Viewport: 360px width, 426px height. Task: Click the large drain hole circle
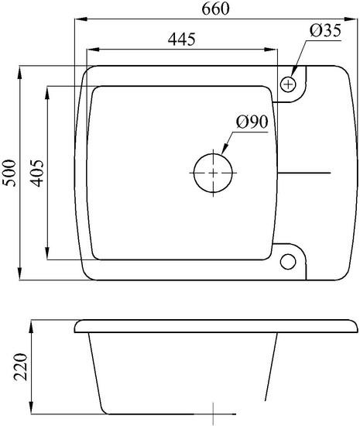coord(211,171)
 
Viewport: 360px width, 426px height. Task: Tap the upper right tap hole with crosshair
coord(289,82)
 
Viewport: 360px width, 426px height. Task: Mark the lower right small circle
coord(289,259)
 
